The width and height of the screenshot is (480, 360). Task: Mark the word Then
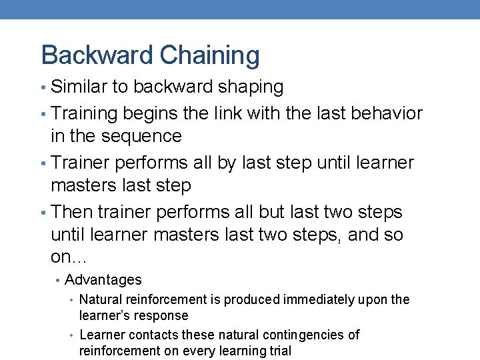click(x=71, y=212)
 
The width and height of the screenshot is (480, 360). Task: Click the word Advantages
click(x=103, y=280)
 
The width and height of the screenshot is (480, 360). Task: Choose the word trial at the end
click(x=279, y=351)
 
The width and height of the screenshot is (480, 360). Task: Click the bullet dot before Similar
click(x=44, y=87)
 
